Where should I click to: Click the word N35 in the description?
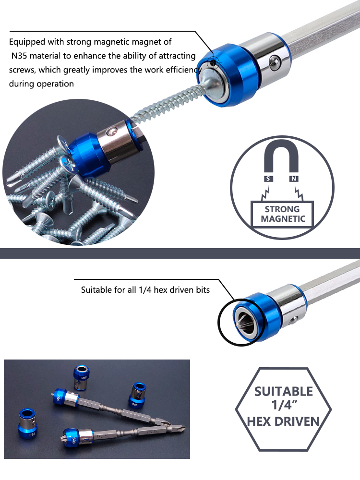click(20, 56)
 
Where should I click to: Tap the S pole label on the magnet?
click(268, 179)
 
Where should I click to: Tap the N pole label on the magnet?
click(294, 179)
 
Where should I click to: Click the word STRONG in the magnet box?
click(282, 209)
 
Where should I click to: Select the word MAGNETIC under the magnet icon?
click(283, 218)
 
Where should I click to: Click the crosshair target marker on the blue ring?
click(213, 64)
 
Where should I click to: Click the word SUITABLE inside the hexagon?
click(284, 392)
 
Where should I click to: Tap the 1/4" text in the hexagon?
click(284, 405)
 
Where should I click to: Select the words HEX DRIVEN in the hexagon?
click(283, 421)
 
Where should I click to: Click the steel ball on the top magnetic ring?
click(275, 62)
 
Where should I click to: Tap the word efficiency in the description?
click(184, 70)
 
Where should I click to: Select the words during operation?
click(41, 84)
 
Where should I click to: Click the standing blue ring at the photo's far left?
click(28, 423)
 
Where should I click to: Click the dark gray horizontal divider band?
click(180, 253)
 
